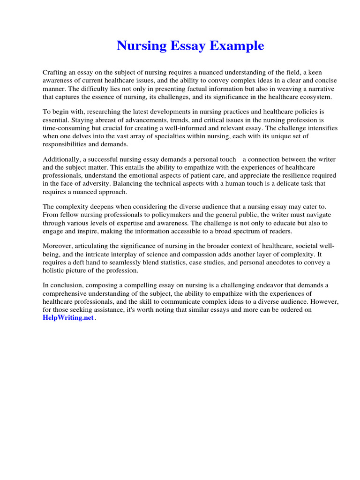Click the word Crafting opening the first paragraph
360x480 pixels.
coord(56,72)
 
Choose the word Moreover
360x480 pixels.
coord(57,247)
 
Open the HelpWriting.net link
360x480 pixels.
coord(68,318)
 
